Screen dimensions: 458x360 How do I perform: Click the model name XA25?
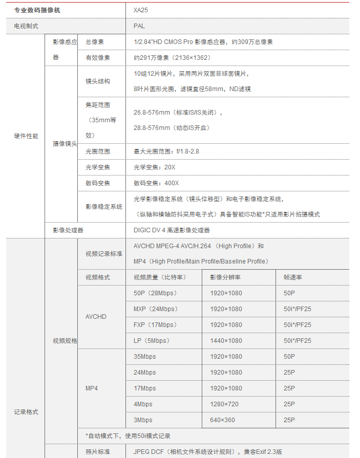click(141, 10)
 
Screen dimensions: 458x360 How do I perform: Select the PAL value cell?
click(139, 26)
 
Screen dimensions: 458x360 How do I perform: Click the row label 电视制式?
click(26, 26)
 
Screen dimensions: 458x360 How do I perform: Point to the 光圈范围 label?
click(97, 151)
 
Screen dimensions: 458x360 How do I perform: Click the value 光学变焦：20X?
click(154, 167)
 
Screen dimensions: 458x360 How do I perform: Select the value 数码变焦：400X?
click(156, 183)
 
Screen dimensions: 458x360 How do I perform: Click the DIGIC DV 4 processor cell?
click(172, 230)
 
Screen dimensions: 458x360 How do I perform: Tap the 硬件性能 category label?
click(26, 136)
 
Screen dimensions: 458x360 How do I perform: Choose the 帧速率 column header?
click(292, 277)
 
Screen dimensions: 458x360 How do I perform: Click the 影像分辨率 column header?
click(225, 277)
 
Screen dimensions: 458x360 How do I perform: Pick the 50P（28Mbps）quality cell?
click(155, 293)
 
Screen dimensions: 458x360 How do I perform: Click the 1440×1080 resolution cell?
click(226, 340)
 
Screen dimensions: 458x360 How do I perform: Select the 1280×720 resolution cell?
click(224, 404)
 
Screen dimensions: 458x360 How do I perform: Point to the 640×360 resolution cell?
click(222, 420)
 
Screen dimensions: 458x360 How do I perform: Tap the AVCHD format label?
click(96, 317)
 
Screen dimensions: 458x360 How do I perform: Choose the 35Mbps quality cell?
click(144, 356)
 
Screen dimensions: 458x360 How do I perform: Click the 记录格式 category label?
click(26, 412)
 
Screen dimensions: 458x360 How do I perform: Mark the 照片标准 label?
click(97, 452)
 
